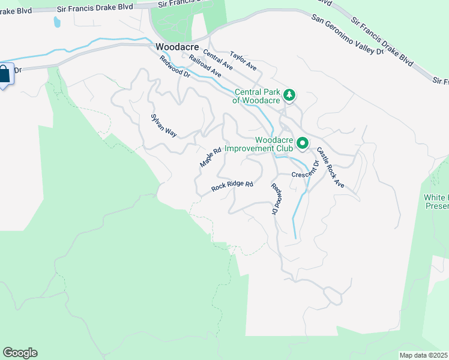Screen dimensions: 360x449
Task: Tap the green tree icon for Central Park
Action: tap(290, 94)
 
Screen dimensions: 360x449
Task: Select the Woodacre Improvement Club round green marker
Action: tap(303, 143)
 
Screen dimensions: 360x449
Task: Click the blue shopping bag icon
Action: tap(4, 75)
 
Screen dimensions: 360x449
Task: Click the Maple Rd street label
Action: tap(211, 157)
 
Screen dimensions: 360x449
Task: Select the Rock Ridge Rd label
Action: tap(232, 187)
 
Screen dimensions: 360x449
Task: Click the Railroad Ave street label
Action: tap(205, 66)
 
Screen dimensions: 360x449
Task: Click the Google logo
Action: tap(20, 353)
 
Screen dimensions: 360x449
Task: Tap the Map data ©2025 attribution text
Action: tap(424, 355)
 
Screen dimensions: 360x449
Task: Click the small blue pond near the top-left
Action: tap(57, 22)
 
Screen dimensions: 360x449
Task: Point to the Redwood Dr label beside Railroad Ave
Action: tap(175, 67)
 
